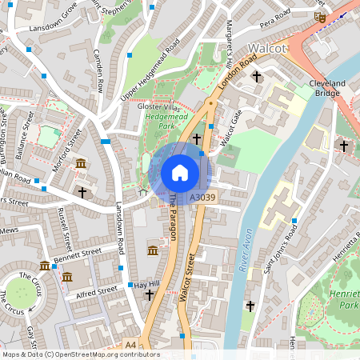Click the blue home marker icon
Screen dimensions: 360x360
pyautogui.click(x=180, y=172)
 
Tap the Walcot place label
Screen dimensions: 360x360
pyautogui.click(x=266, y=48)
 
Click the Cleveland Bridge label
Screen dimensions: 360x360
pyautogui.click(x=327, y=88)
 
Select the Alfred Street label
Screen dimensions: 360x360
pyautogui.click(x=97, y=291)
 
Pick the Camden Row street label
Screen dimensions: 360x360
pyautogui.click(x=99, y=73)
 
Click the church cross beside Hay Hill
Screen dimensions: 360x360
pyautogui.click(x=150, y=296)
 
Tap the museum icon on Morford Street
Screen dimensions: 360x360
pyautogui.click(x=81, y=165)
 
